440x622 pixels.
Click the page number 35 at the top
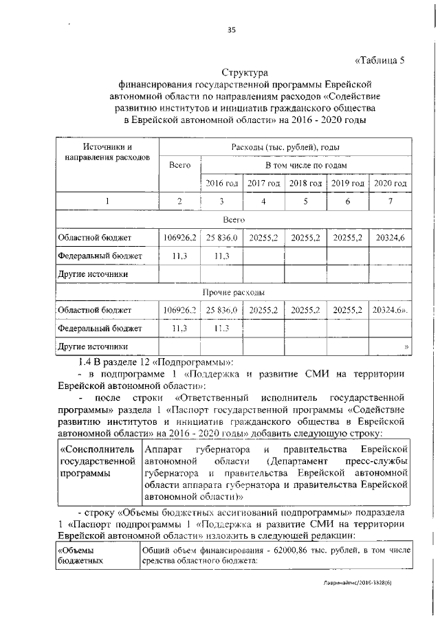[232, 28]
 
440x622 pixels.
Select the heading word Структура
[244, 72]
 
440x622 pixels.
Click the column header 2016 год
[221, 184]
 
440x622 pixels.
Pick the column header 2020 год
[389, 184]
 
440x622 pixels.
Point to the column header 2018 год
[305, 184]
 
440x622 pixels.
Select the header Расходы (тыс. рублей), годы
[285, 147]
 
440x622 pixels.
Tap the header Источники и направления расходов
[107, 152]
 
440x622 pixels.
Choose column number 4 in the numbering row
[264, 201]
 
